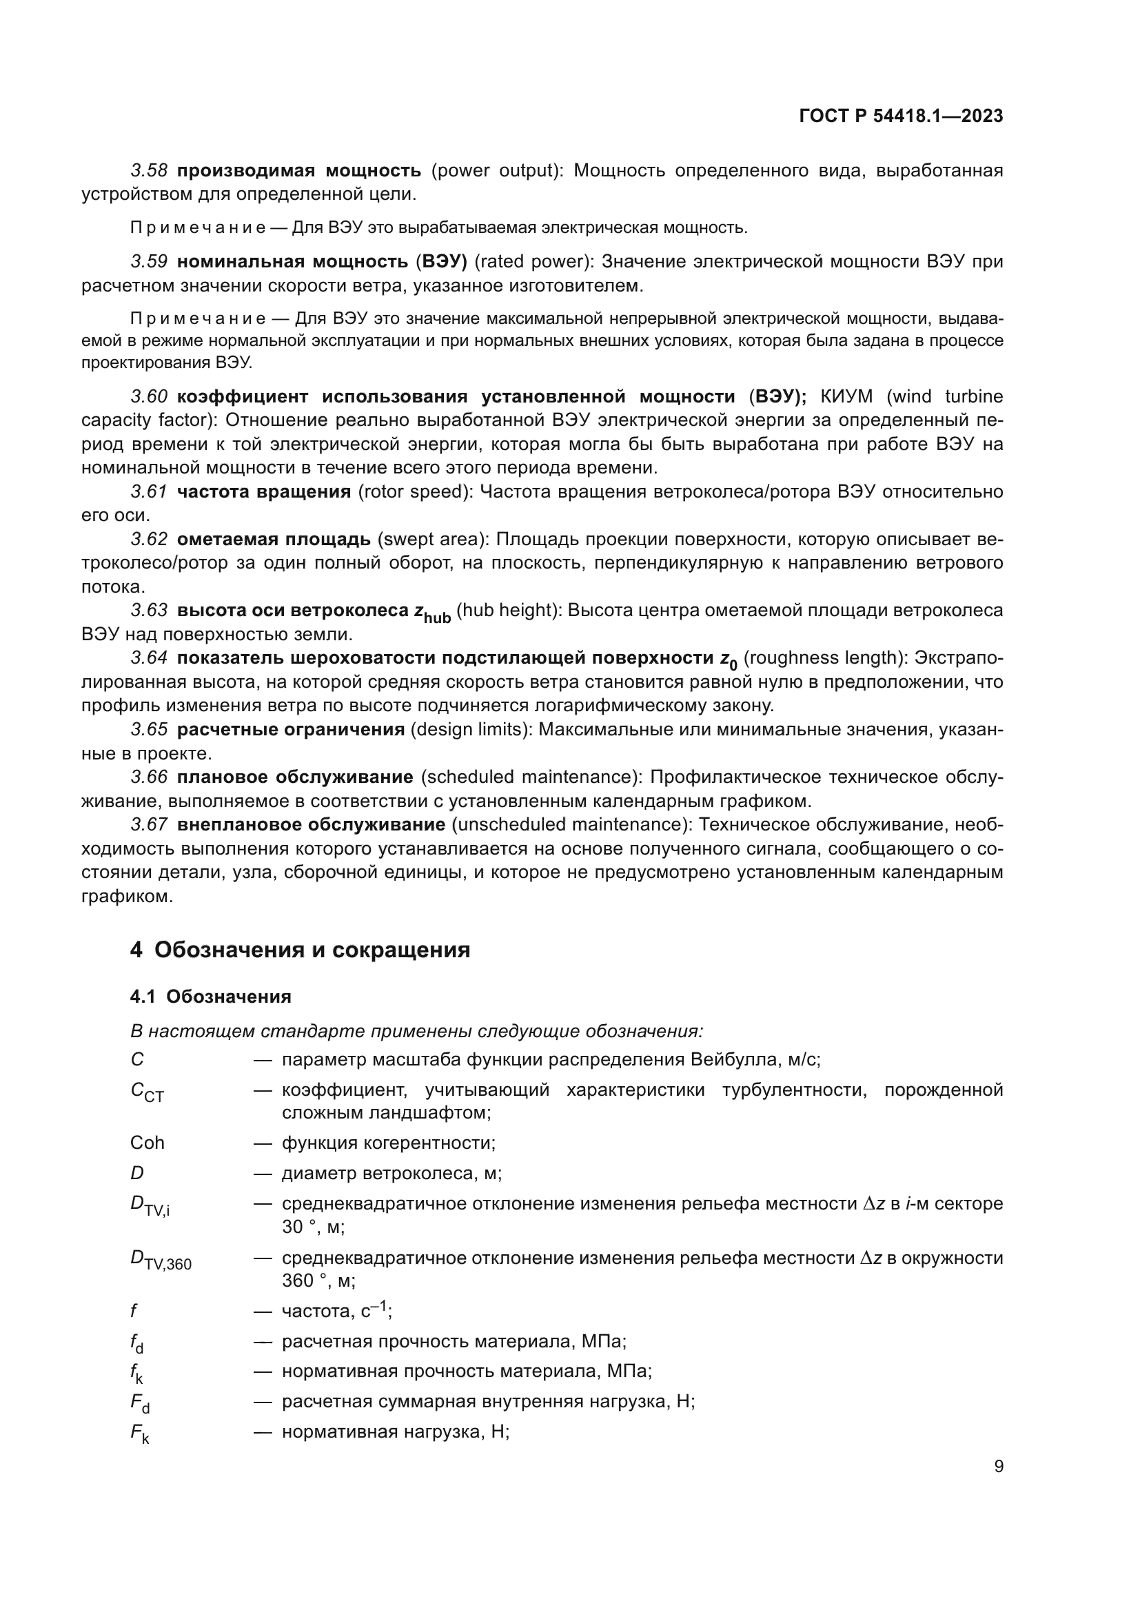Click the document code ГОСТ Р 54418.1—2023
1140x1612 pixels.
[901, 116]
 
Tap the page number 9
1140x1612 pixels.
[998, 1467]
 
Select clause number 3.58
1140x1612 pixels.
[149, 171]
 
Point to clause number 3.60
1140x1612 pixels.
[149, 397]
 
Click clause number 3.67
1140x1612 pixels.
[149, 824]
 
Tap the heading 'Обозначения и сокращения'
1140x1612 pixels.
[312, 950]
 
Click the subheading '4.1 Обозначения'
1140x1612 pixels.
[211, 997]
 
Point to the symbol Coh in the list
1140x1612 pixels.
[147, 1143]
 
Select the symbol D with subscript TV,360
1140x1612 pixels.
[161, 1261]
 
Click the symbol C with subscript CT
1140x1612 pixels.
[147, 1092]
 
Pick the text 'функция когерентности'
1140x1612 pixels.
[387, 1143]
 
